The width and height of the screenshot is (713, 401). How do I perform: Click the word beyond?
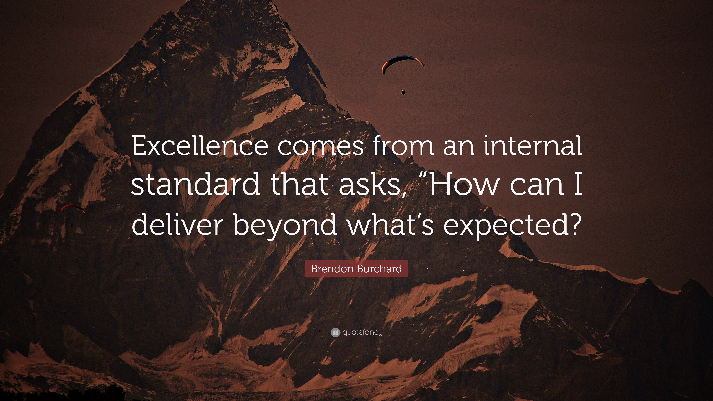pyautogui.click(x=285, y=226)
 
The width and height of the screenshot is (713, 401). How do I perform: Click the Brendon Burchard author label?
pyautogui.click(x=356, y=269)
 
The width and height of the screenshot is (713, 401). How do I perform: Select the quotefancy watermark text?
pyautogui.click(x=362, y=332)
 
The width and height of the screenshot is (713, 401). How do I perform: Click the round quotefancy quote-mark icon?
pyautogui.click(x=335, y=332)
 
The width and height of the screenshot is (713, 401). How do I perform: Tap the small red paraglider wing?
pyautogui.click(x=73, y=208)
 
